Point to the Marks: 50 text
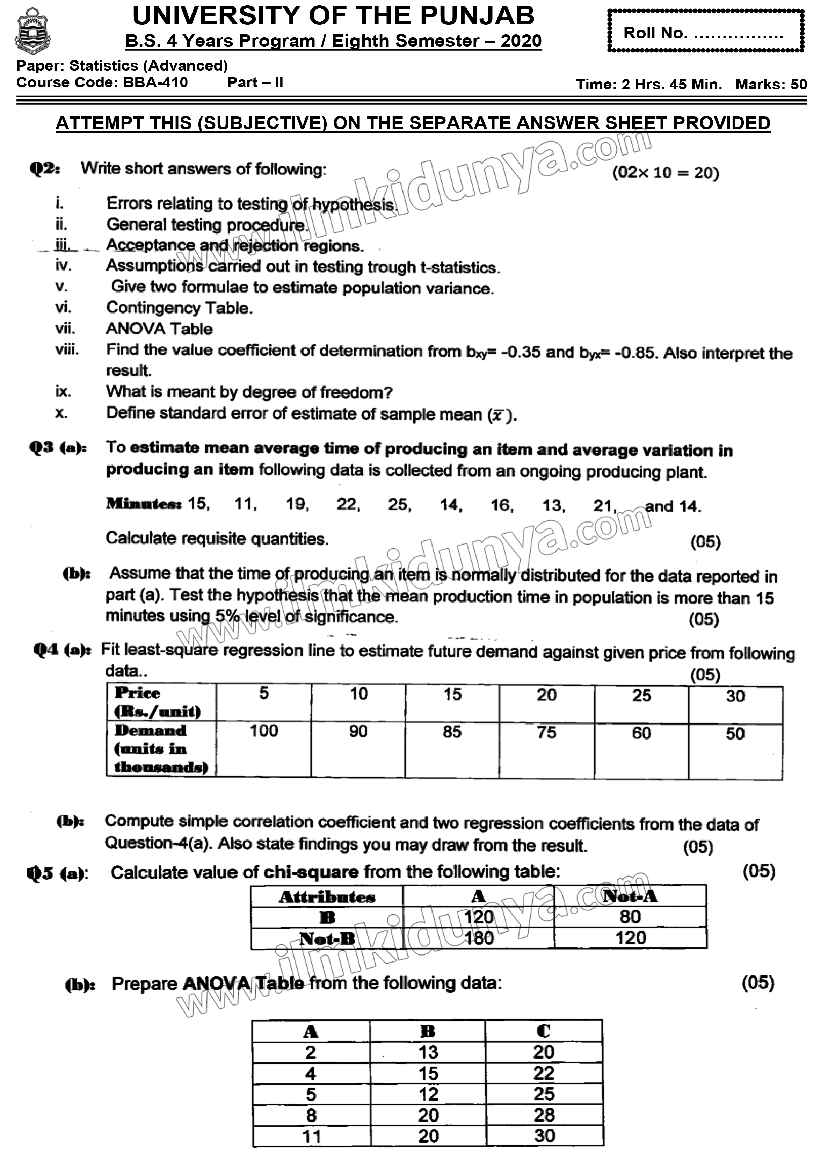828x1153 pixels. [x=771, y=84]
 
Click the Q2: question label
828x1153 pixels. [x=45, y=168]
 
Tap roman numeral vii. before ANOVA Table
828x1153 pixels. [x=65, y=329]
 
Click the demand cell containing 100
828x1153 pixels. [x=263, y=731]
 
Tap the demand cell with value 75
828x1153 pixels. [x=546, y=733]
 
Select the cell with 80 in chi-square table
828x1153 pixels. [x=630, y=917]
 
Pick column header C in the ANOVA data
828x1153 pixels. [x=543, y=1031]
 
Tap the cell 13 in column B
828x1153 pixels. [x=428, y=1052]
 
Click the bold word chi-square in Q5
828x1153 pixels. [x=311, y=872]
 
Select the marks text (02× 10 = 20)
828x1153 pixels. [x=665, y=173]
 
